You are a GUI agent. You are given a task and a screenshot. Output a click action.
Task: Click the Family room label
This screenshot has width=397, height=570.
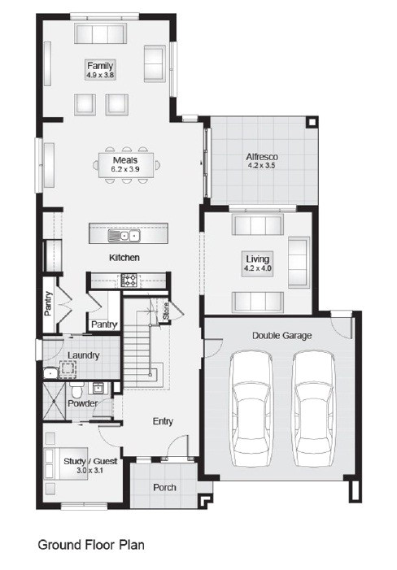(x=101, y=65)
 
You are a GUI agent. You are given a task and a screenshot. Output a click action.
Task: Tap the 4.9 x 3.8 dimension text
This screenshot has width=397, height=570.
(x=101, y=75)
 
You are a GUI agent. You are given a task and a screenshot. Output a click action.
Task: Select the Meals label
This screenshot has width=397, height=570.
(x=125, y=160)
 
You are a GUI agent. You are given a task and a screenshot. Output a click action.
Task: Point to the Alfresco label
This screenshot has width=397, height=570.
(x=263, y=156)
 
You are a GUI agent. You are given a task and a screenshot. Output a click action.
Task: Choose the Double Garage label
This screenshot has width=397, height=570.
(x=281, y=335)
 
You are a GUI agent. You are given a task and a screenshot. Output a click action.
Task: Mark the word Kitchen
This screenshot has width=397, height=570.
(x=125, y=258)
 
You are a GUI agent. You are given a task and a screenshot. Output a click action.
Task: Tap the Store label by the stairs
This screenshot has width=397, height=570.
(x=164, y=310)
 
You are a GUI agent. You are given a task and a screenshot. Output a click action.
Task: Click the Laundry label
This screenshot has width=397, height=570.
(x=84, y=355)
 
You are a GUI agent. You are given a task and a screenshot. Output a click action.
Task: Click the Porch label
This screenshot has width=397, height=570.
(x=164, y=488)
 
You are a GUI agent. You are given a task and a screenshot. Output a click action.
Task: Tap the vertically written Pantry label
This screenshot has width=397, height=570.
(x=49, y=307)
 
